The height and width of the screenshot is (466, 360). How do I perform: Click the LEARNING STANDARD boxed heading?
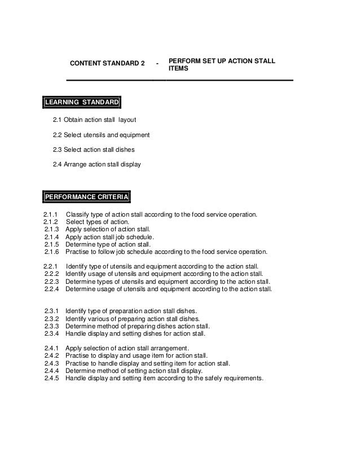click(x=82, y=102)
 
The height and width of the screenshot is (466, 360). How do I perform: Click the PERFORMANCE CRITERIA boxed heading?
click(x=87, y=197)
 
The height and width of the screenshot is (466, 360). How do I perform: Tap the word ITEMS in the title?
click(x=178, y=69)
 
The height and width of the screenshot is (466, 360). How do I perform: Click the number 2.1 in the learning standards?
click(x=57, y=120)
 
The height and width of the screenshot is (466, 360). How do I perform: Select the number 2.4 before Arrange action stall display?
click(x=57, y=164)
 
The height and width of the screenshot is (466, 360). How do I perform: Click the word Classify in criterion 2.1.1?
click(x=78, y=215)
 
